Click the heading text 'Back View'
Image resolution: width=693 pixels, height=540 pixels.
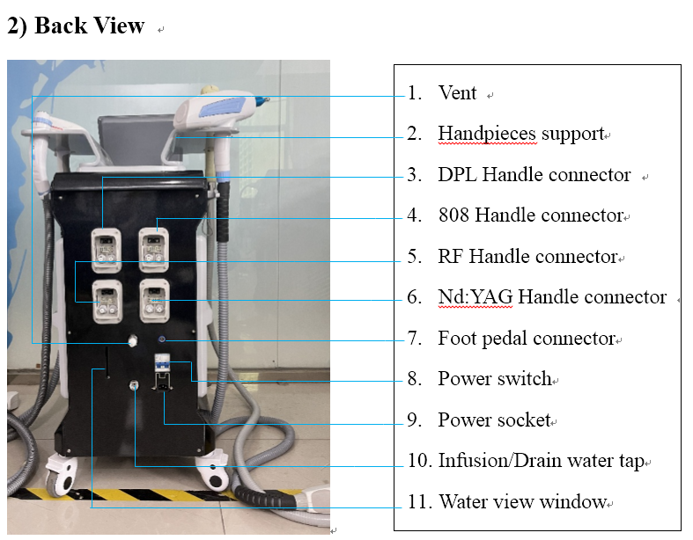point(88,26)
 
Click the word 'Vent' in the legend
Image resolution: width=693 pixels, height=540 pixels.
point(457,93)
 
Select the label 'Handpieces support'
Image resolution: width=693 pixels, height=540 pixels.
point(520,134)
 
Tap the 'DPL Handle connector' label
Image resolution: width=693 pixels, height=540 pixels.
point(534,175)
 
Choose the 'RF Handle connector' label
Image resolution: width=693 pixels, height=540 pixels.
point(527,257)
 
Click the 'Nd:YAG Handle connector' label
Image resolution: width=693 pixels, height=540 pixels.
point(551,297)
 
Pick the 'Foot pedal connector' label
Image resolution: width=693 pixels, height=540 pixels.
point(526,339)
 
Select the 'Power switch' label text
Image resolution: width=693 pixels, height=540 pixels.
point(494,379)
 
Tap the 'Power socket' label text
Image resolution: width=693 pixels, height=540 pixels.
point(494,420)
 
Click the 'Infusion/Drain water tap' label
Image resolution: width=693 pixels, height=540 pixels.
point(541,461)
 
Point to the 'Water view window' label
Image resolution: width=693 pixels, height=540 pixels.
point(522,502)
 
